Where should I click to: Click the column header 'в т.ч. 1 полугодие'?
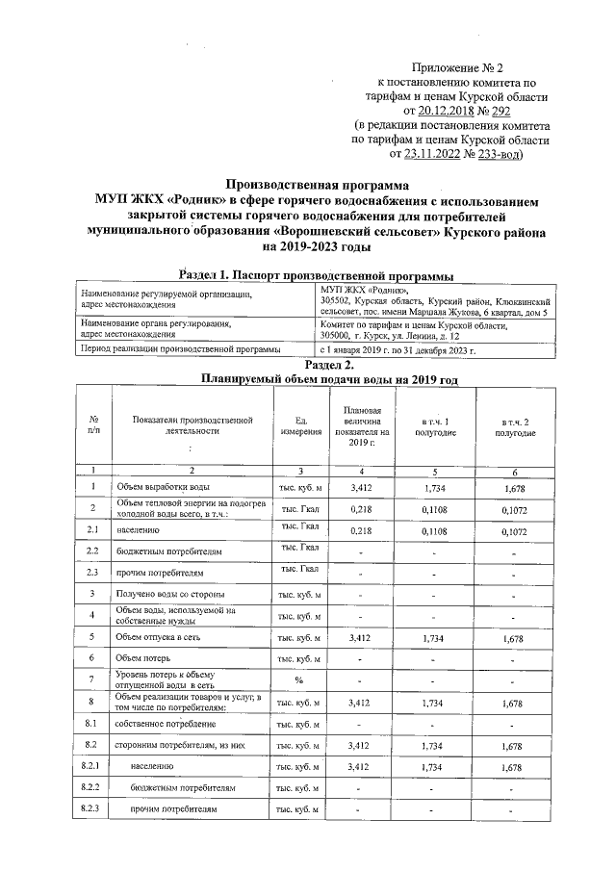click(434, 428)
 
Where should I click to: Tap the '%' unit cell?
click(300, 680)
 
